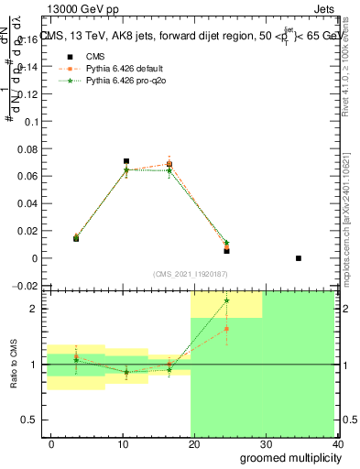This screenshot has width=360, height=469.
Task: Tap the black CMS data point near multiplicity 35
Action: tap(299, 258)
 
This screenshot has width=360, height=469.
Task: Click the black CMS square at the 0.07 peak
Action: tap(126, 161)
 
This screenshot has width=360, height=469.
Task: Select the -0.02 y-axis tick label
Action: tap(25, 286)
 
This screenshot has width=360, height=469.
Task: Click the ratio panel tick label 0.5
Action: tap(29, 420)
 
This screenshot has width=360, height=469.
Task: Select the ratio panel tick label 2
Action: tap(34, 309)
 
